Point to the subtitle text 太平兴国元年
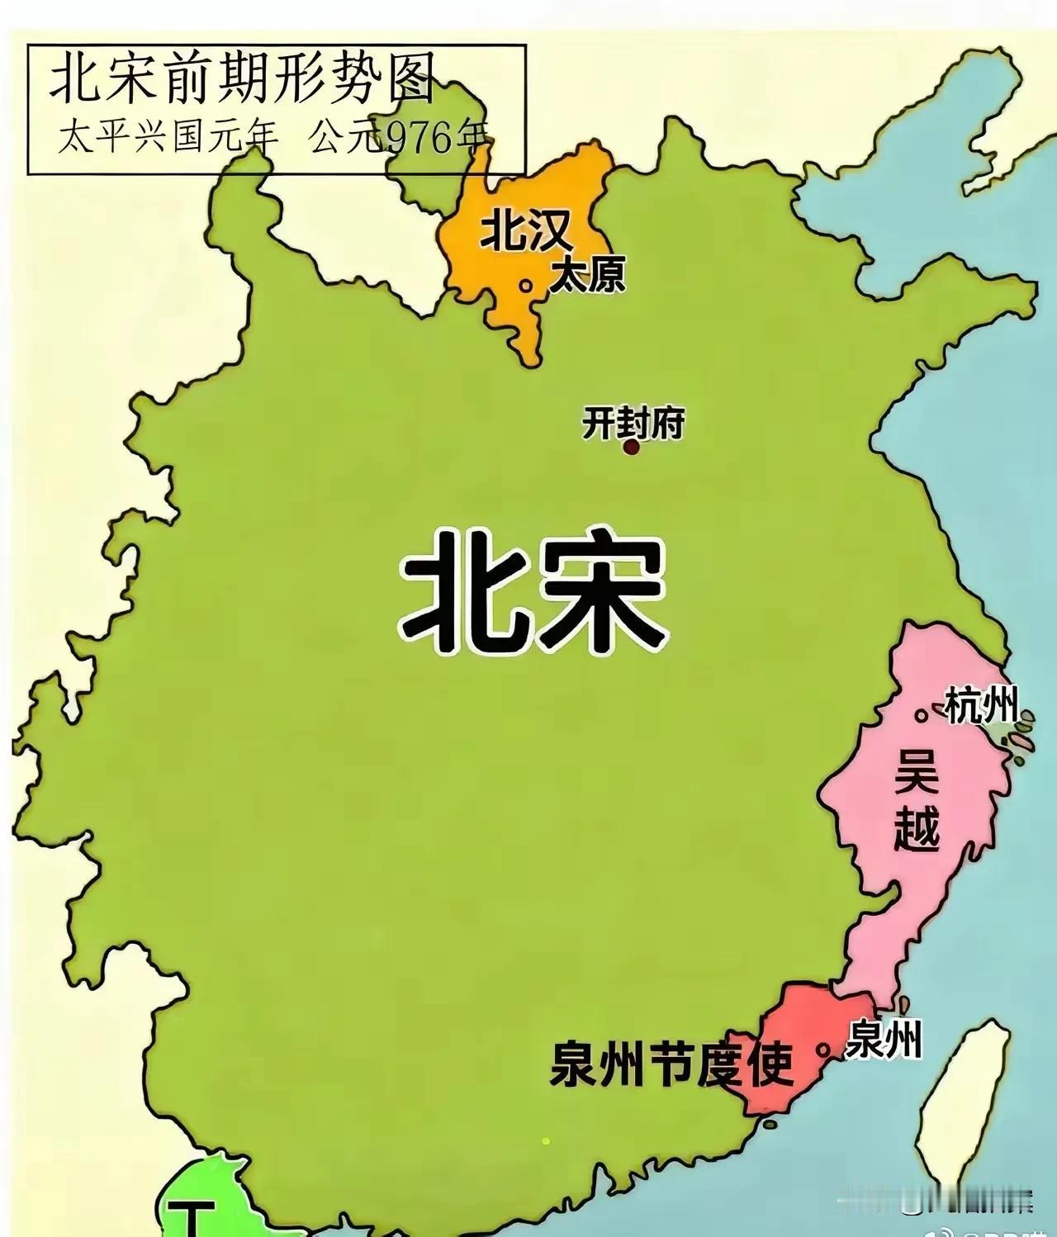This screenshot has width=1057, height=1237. point(168,137)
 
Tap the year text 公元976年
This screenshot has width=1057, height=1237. point(399,137)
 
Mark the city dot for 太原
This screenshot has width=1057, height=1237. point(525,286)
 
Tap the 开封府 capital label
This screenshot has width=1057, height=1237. point(633,424)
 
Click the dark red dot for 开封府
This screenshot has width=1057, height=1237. point(632,448)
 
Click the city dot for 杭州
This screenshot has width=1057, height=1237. point(920,716)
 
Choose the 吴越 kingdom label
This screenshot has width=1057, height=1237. point(917,799)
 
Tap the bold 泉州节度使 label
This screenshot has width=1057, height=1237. point(670,1064)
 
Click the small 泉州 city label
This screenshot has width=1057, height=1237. point(884,1039)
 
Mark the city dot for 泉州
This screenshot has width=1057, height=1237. point(822,1050)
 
